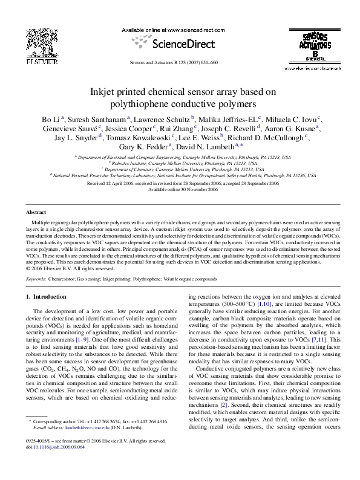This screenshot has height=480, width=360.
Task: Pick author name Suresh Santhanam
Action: click(94, 119)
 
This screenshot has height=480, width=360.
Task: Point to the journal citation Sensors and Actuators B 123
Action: click(174, 63)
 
